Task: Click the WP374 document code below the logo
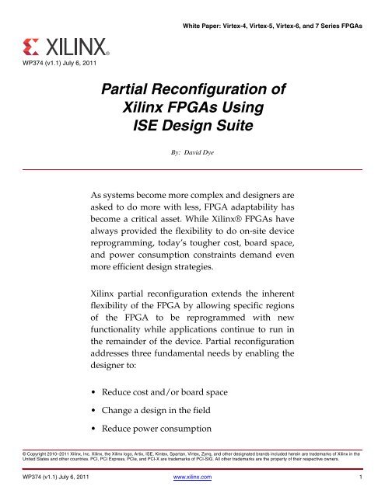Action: (x=23, y=61)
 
